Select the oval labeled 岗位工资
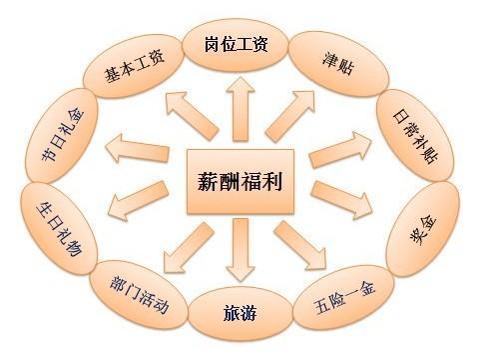click(x=238, y=47)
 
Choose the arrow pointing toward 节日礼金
click(x=140, y=148)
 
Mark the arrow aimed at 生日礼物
click(x=140, y=205)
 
